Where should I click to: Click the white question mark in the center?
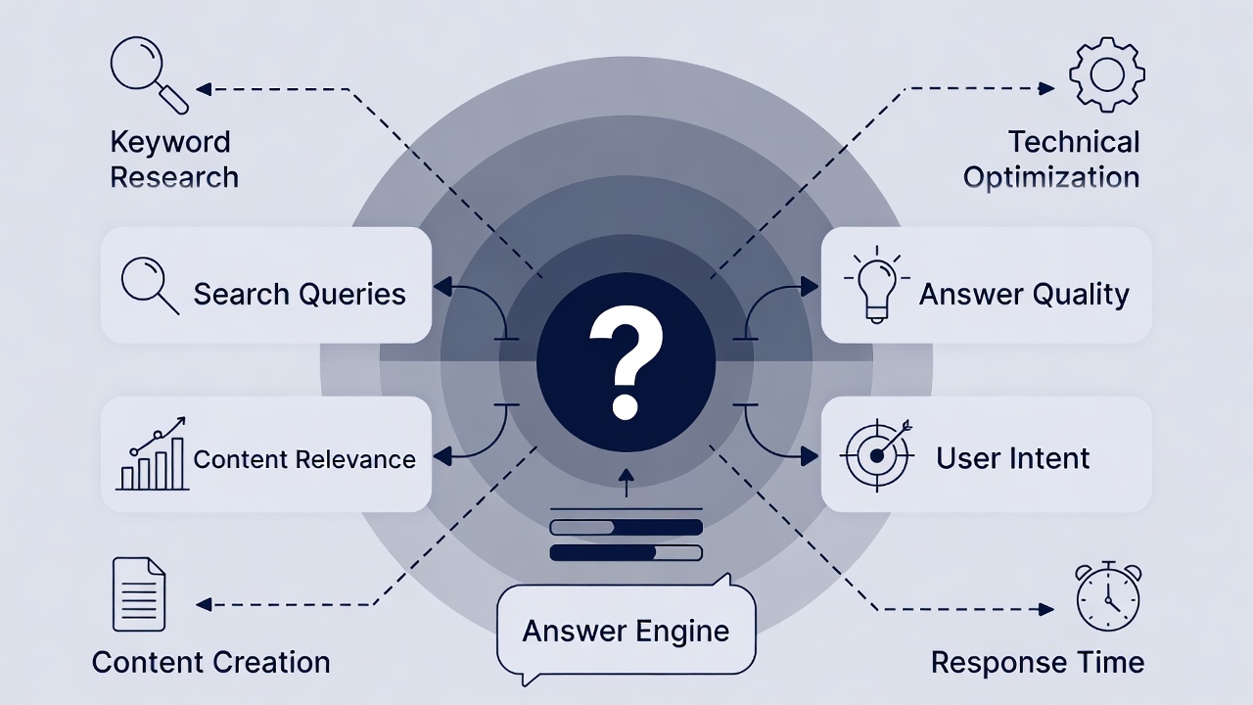tap(626, 360)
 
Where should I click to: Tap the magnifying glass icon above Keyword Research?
tap(147, 72)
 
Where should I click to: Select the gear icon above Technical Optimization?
tap(1107, 74)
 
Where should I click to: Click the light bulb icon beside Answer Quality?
tap(876, 284)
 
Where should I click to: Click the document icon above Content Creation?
tap(138, 593)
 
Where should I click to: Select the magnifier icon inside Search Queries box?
tap(149, 285)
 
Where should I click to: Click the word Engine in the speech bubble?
tap(682, 631)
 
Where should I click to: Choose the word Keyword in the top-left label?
tap(170, 142)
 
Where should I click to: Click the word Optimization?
tap(1051, 178)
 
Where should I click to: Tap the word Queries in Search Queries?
tap(353, 294)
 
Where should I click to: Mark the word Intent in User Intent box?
tap(1051, 457)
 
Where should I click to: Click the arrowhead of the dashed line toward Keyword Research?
tap(204, 89)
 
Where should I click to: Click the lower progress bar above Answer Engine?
tap(626, 552)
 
